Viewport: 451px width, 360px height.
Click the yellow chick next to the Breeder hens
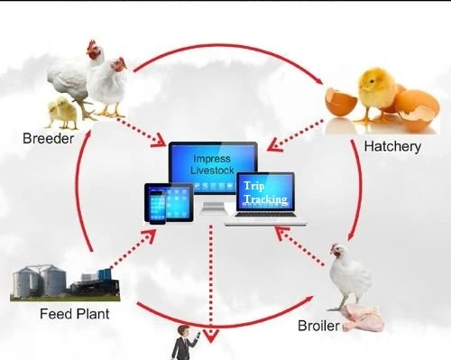(61, 112)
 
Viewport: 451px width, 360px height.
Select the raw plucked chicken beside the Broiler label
(361, 316)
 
